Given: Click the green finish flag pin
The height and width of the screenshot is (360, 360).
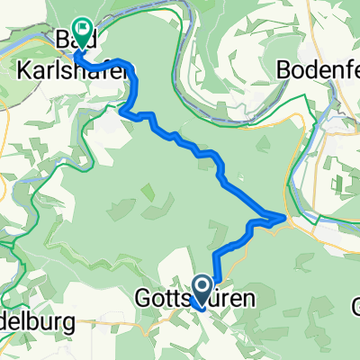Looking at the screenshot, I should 82,32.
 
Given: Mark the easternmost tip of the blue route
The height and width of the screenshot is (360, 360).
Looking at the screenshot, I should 286,218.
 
